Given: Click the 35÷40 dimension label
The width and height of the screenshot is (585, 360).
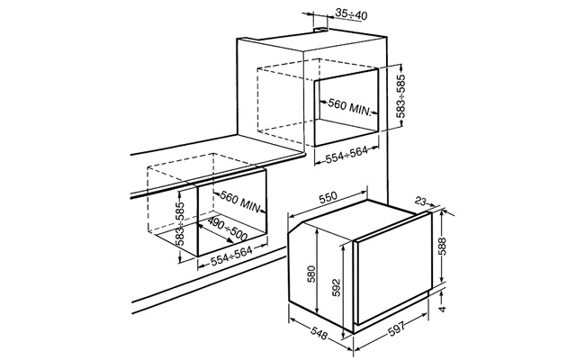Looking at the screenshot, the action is click(351, 14).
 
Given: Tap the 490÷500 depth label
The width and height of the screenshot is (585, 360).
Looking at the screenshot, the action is click(227, 229).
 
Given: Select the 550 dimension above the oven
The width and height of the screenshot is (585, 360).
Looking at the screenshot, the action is click(328, 197).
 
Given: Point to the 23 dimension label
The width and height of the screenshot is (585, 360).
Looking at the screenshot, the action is click(420, 202).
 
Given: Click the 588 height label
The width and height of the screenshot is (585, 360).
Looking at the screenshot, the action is click(442, 247).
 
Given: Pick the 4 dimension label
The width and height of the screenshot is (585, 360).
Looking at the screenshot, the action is click(442, 310).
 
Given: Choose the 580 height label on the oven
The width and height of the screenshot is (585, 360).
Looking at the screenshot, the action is click(311, 274).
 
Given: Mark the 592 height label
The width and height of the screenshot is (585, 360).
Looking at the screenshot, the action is click(337, 287).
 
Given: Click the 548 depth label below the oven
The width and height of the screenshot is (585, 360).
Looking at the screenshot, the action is click(319, 333).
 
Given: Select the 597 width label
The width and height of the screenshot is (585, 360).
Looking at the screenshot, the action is click(397, 329).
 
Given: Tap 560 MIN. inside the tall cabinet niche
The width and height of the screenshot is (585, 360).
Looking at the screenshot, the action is click(349, 107).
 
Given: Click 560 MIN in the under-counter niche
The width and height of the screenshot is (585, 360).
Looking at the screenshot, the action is click(240, 202).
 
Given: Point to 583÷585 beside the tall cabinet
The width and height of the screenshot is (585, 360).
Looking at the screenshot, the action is click(400, 96).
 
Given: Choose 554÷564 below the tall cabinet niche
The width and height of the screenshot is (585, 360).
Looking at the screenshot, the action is click(346, 155).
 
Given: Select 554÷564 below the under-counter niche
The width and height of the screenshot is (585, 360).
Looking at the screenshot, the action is click(231, 256).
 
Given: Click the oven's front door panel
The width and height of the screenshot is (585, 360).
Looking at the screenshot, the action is click(392, 268).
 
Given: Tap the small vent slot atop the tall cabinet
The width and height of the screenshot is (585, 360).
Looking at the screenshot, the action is click(320, 29).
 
